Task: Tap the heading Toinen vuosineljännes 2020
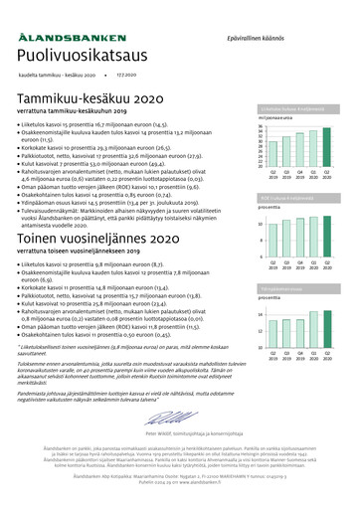98,240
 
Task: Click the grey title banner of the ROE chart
298,198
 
